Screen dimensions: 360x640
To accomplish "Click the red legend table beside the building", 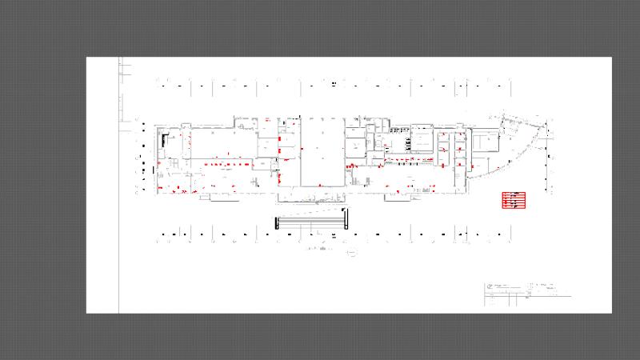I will click(513, 200).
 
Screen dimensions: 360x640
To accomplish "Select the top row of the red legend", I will click(513, 194).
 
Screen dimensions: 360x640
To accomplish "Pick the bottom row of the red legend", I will click(513, 206).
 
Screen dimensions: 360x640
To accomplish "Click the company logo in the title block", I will click(489, 286).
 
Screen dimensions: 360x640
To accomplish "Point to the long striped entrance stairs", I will click(310, 222).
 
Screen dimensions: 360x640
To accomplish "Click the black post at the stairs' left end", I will click(276, 222).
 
